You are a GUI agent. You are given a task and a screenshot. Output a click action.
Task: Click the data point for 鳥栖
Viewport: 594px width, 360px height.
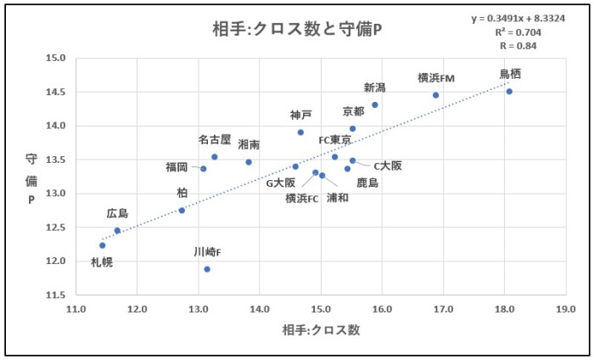point(509,92)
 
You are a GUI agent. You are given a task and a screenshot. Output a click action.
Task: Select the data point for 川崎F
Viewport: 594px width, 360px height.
point(207,269)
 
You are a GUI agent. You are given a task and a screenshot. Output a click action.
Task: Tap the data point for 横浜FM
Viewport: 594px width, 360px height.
point(436,95)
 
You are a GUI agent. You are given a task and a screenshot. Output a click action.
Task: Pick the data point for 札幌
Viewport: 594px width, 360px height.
point(103,245)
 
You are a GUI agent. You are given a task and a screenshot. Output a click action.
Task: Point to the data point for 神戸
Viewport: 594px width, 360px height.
point(300,132)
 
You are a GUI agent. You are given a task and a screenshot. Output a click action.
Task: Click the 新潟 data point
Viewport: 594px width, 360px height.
point(375,105)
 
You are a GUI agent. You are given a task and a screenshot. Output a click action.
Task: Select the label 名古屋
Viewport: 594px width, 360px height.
point(215,140)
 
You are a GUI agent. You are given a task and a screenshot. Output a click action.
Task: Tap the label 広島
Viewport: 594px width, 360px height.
point(118,213)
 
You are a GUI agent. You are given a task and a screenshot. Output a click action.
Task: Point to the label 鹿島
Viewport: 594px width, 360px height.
point(367,183)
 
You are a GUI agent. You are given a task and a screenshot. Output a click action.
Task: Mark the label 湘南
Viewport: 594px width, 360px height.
point(249,145)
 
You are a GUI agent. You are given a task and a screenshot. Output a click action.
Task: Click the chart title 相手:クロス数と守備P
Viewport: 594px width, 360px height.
point(297,30)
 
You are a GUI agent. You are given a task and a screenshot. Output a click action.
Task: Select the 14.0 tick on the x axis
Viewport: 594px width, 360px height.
point(260,308)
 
